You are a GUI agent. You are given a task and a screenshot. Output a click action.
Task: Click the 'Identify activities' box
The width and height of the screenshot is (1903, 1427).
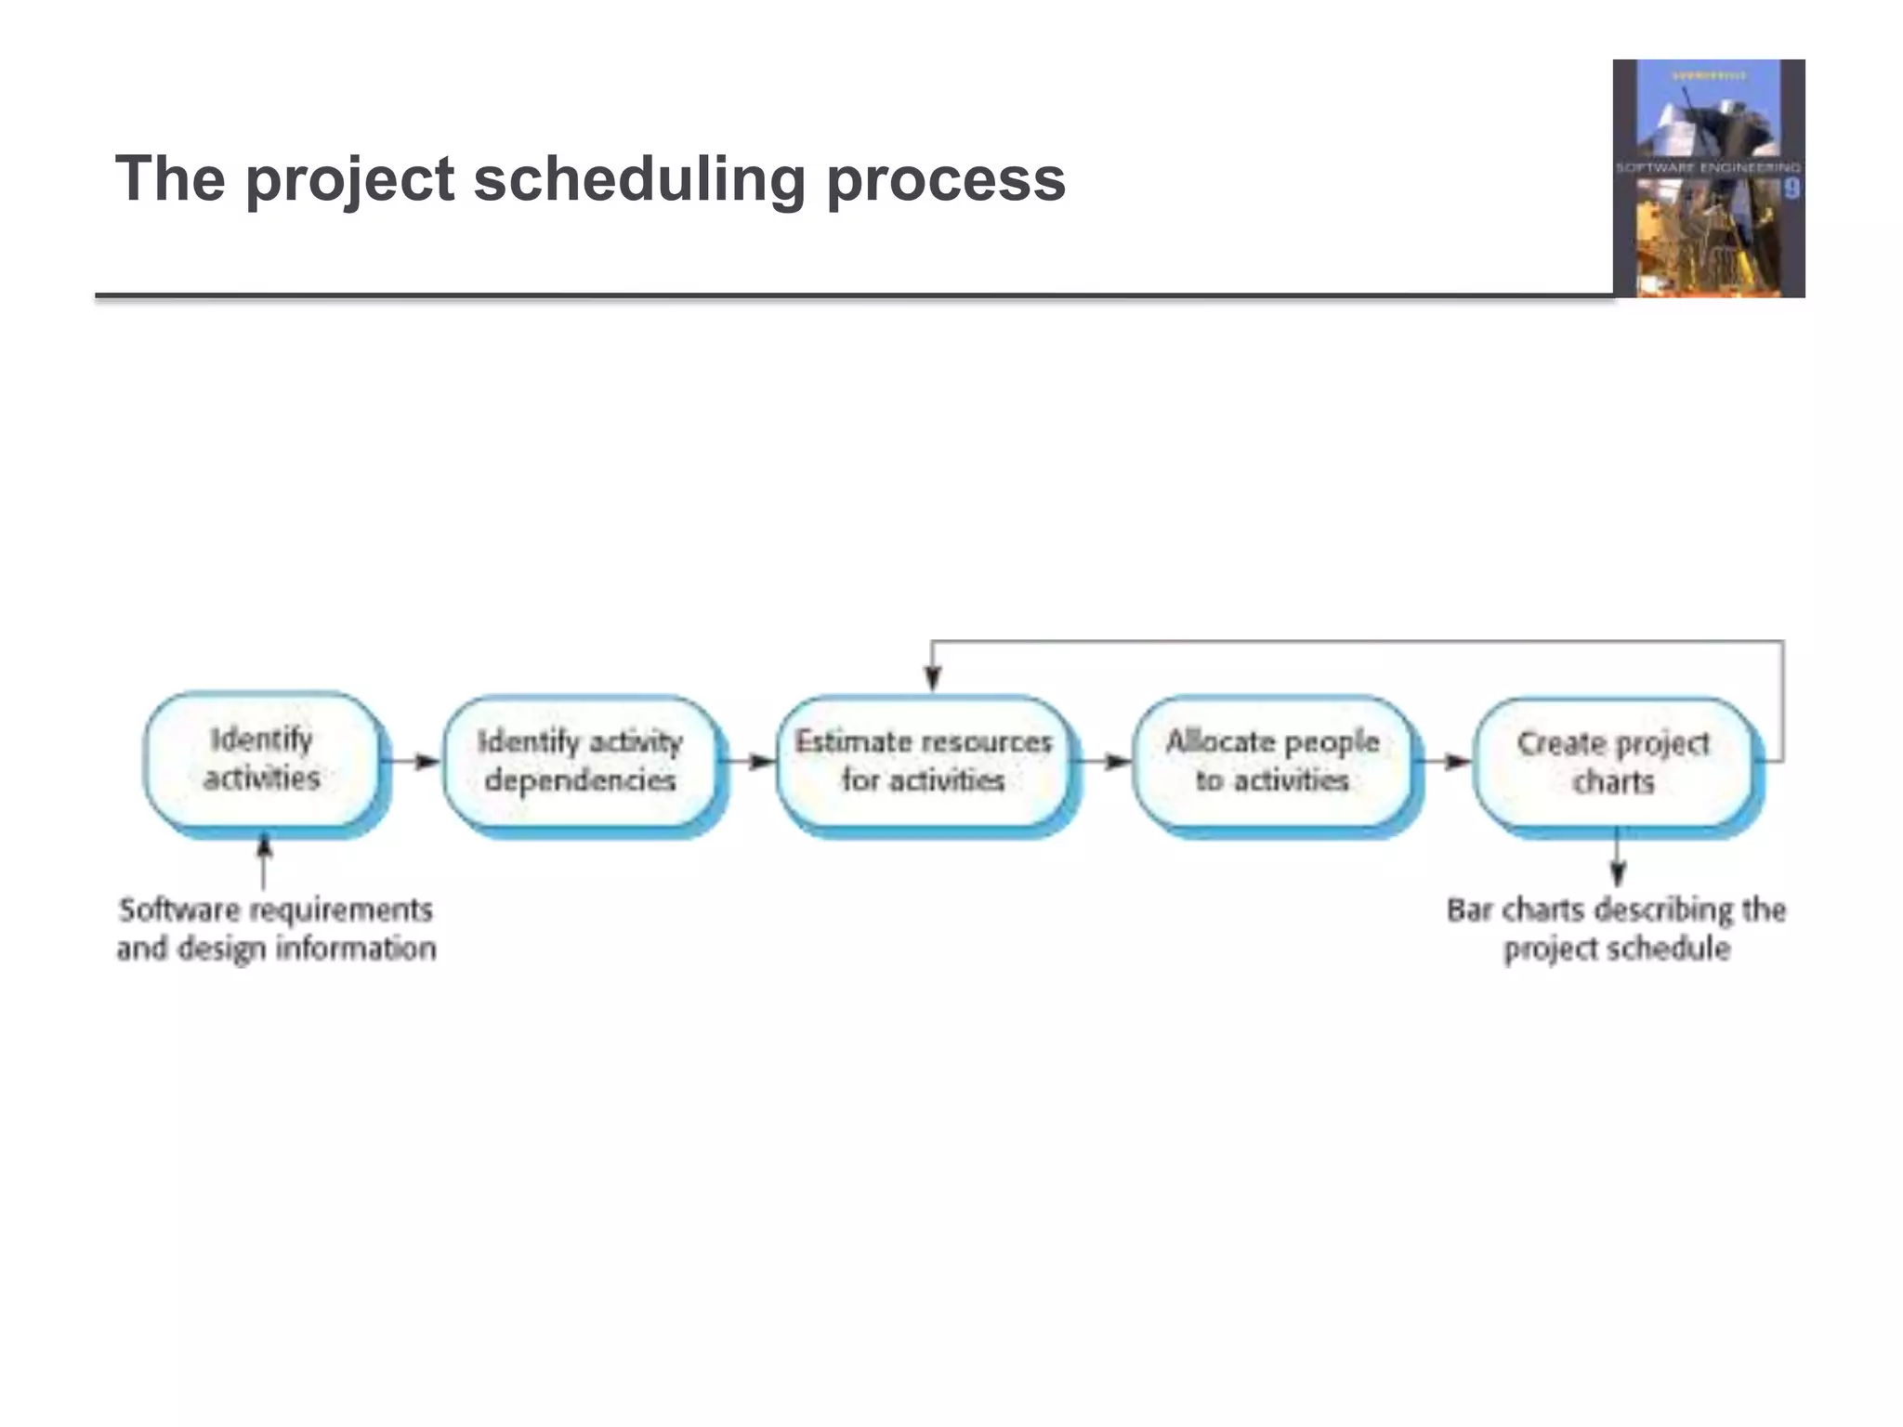tap(262, 759)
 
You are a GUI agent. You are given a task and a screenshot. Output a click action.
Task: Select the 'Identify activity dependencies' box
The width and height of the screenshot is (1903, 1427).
tap(580, 761)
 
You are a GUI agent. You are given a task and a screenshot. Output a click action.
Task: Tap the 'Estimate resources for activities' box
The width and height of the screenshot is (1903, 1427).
tap(924, 761)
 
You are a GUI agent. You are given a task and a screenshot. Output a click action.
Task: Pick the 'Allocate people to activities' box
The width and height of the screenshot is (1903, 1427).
tap(1272, 761)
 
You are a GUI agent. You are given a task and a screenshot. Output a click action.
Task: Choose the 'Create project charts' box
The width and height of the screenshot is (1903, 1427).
tap(1613, 762)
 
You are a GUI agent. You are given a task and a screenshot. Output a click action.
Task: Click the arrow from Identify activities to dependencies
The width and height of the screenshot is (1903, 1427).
tap(413, 762)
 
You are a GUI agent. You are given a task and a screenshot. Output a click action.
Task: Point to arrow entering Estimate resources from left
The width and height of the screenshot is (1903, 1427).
tap(751, 762)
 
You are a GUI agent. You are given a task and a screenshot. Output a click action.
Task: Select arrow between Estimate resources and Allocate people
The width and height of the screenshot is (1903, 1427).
tap(1104, 762)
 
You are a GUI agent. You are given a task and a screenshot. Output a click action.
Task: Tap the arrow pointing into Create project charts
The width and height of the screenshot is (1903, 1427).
tap(1444, 762)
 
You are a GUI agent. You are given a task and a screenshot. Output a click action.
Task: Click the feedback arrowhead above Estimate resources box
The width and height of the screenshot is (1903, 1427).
tap(933, 678)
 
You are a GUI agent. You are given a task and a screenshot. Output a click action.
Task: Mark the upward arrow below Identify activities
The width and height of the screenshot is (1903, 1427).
tap(264, 859)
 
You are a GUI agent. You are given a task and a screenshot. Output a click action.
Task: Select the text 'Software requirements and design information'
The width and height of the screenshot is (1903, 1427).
tap(276, 928)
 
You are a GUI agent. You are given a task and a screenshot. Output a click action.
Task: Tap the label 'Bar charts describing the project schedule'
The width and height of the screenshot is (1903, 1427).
tap(1616, 928)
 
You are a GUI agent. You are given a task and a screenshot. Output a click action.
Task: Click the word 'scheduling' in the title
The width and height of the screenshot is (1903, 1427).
tap(639, 178)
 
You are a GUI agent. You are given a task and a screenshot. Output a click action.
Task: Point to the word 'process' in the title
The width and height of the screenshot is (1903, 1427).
tap(945, 180)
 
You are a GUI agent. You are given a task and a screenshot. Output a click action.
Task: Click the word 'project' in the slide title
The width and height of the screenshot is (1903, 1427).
tap(349, 180)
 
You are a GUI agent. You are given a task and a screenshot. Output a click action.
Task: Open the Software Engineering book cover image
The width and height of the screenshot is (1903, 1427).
tap(1708, 178)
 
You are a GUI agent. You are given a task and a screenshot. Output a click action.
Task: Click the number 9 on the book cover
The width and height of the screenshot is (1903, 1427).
tap(1791, 190)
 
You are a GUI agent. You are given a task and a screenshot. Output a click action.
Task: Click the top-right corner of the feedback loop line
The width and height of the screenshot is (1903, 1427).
tap(1782, 642)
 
